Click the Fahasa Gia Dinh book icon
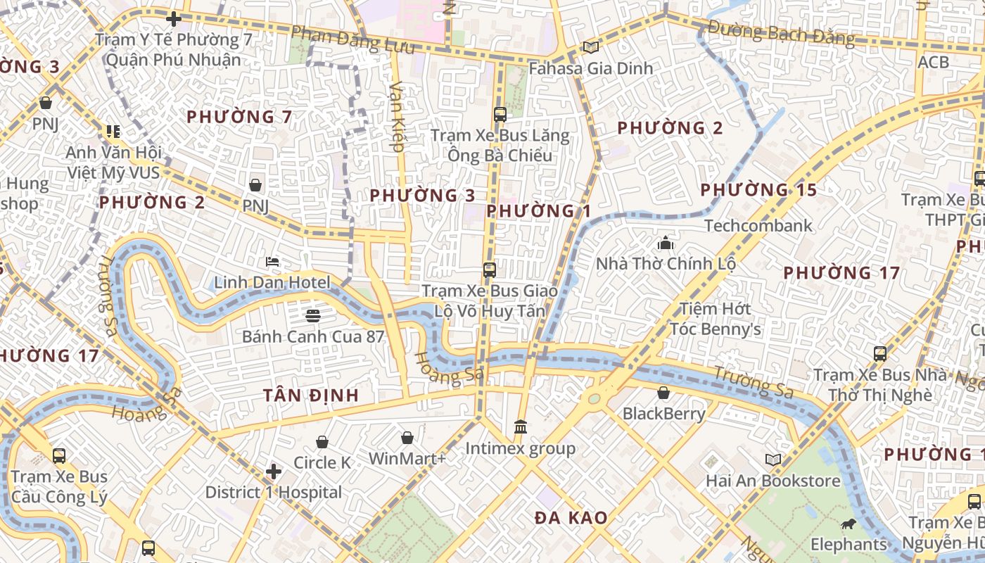(590, 47)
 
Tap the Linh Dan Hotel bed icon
(272, 262)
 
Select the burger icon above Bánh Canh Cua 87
(313, 315)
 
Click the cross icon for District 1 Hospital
(274, 471)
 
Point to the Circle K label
(322, 462)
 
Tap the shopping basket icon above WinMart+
(407, 438)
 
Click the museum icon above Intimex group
(521, 426)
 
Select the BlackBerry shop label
(663, 413)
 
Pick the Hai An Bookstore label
(773, 481)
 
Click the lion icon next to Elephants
(849, 524)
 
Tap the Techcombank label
(758, 226)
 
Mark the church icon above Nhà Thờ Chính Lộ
(666, 243)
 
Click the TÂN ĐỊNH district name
(311, 395)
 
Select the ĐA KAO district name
(571, 518)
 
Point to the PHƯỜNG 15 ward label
(758, 190)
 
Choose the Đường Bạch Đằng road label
(781, 33)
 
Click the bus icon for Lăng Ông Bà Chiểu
(500, 114)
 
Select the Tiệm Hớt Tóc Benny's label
(715, 319)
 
